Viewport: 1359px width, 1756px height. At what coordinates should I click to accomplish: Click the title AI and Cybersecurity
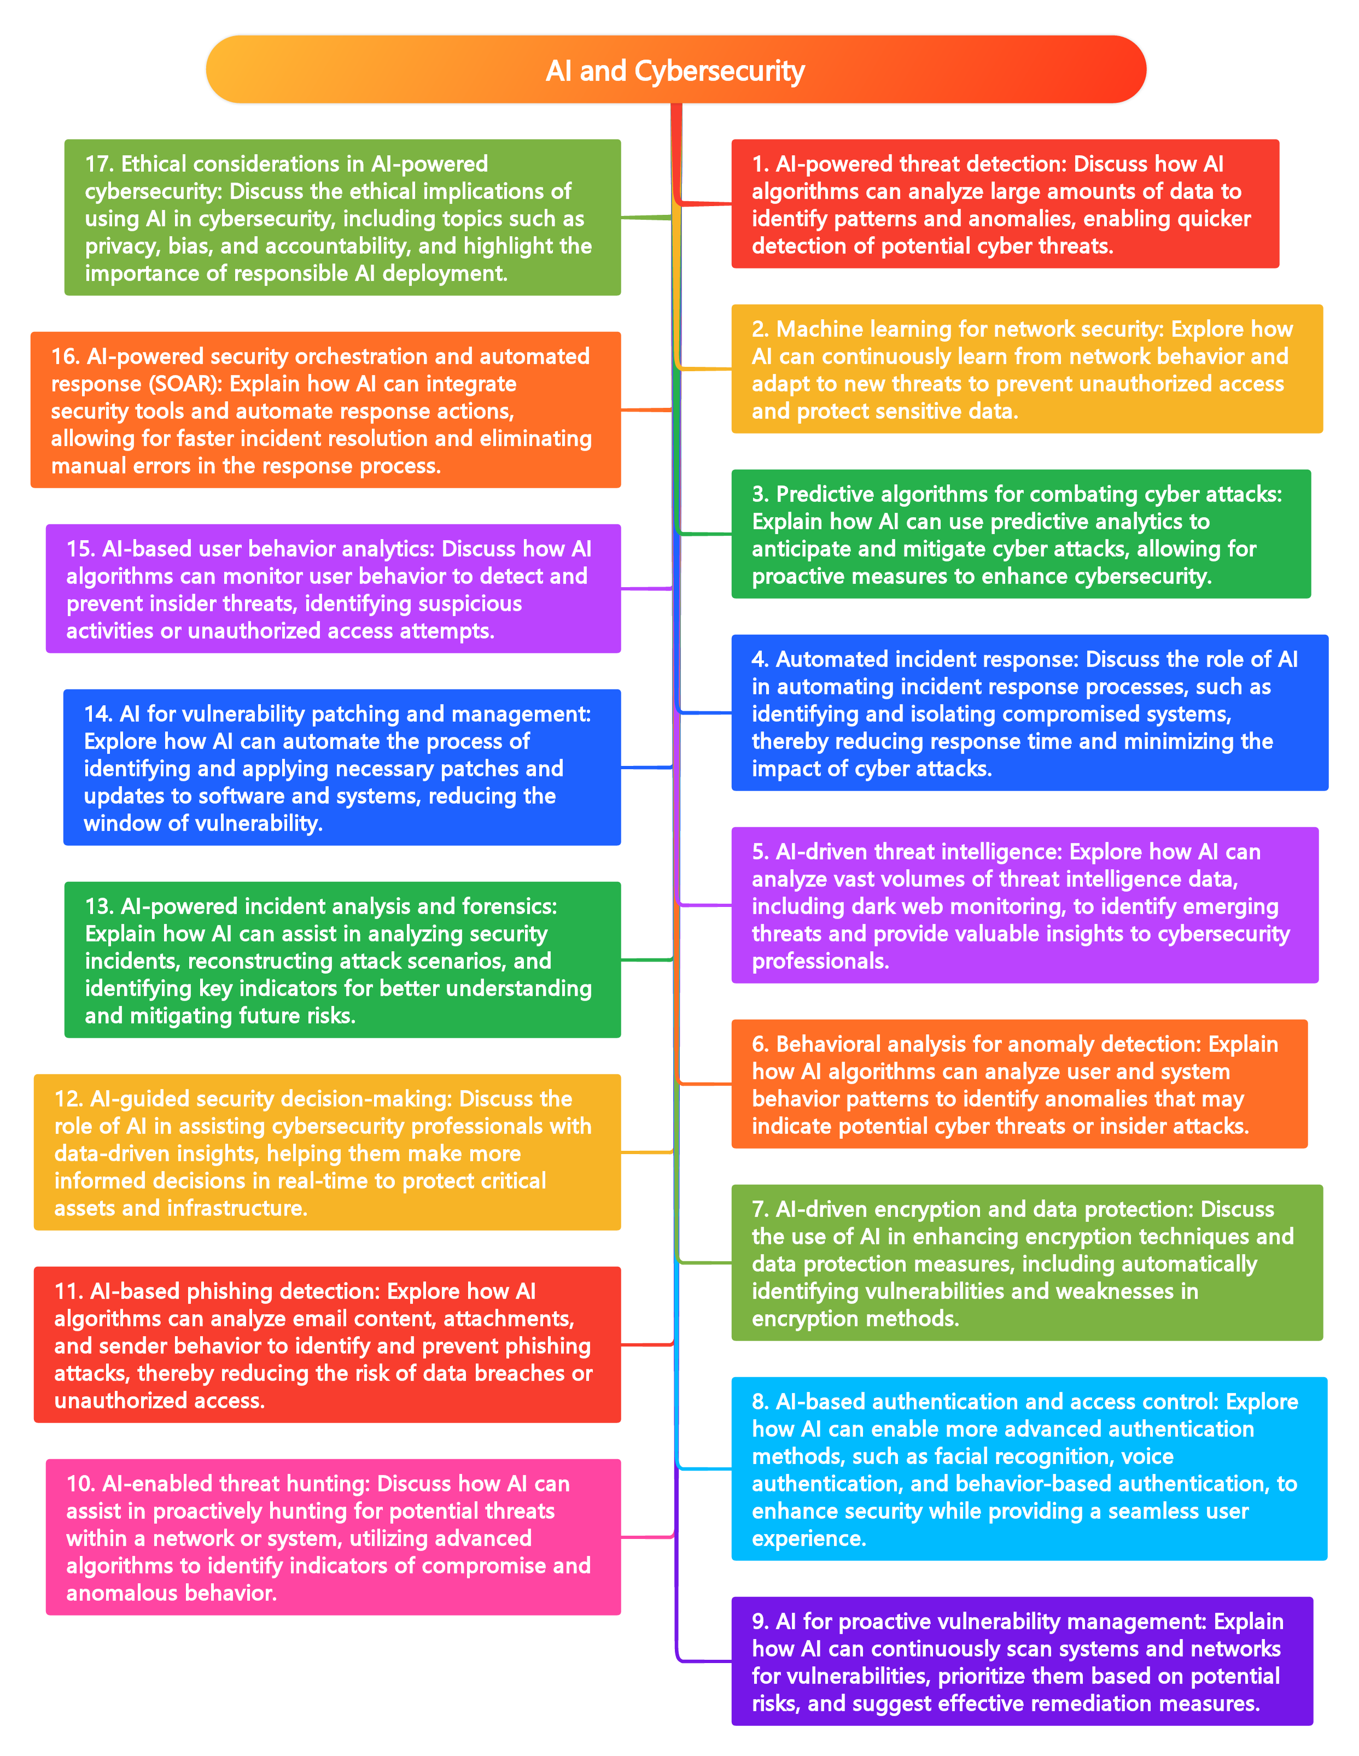point(675,71)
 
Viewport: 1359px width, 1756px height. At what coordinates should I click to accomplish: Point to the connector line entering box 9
point(706,1660)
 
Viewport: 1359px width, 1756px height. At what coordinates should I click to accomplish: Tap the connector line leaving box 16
point(646,410)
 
